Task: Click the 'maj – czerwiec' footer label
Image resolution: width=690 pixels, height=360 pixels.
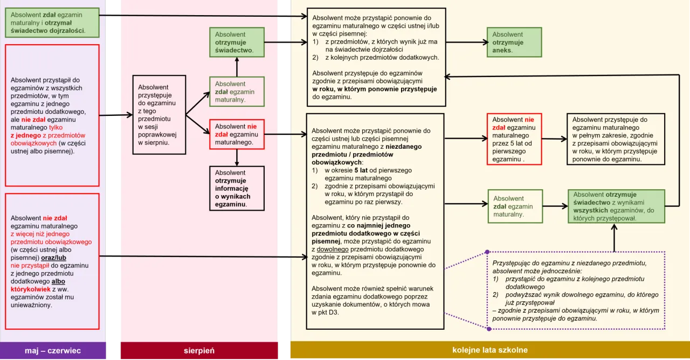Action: (53, 351)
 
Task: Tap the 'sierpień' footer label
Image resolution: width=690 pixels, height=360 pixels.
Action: (199, 351)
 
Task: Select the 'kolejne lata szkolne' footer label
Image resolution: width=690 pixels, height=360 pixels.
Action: (489, 350)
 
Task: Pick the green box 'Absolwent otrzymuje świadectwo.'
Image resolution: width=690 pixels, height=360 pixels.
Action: (237, 43)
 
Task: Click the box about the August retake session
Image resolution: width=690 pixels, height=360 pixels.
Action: (159, 115)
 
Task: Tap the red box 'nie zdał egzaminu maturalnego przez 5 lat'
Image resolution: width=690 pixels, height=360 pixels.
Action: (514, 139)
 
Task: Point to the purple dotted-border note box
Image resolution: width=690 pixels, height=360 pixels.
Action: (576, 290)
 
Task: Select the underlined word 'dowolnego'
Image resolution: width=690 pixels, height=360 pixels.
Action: (332, 250)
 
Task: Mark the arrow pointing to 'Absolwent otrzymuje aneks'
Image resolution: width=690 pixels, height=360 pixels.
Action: (466, 42)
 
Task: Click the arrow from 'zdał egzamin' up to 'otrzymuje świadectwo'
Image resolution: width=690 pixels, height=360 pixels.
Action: (237, 66)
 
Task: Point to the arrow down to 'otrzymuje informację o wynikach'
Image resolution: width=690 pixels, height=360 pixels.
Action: (237, 157)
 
